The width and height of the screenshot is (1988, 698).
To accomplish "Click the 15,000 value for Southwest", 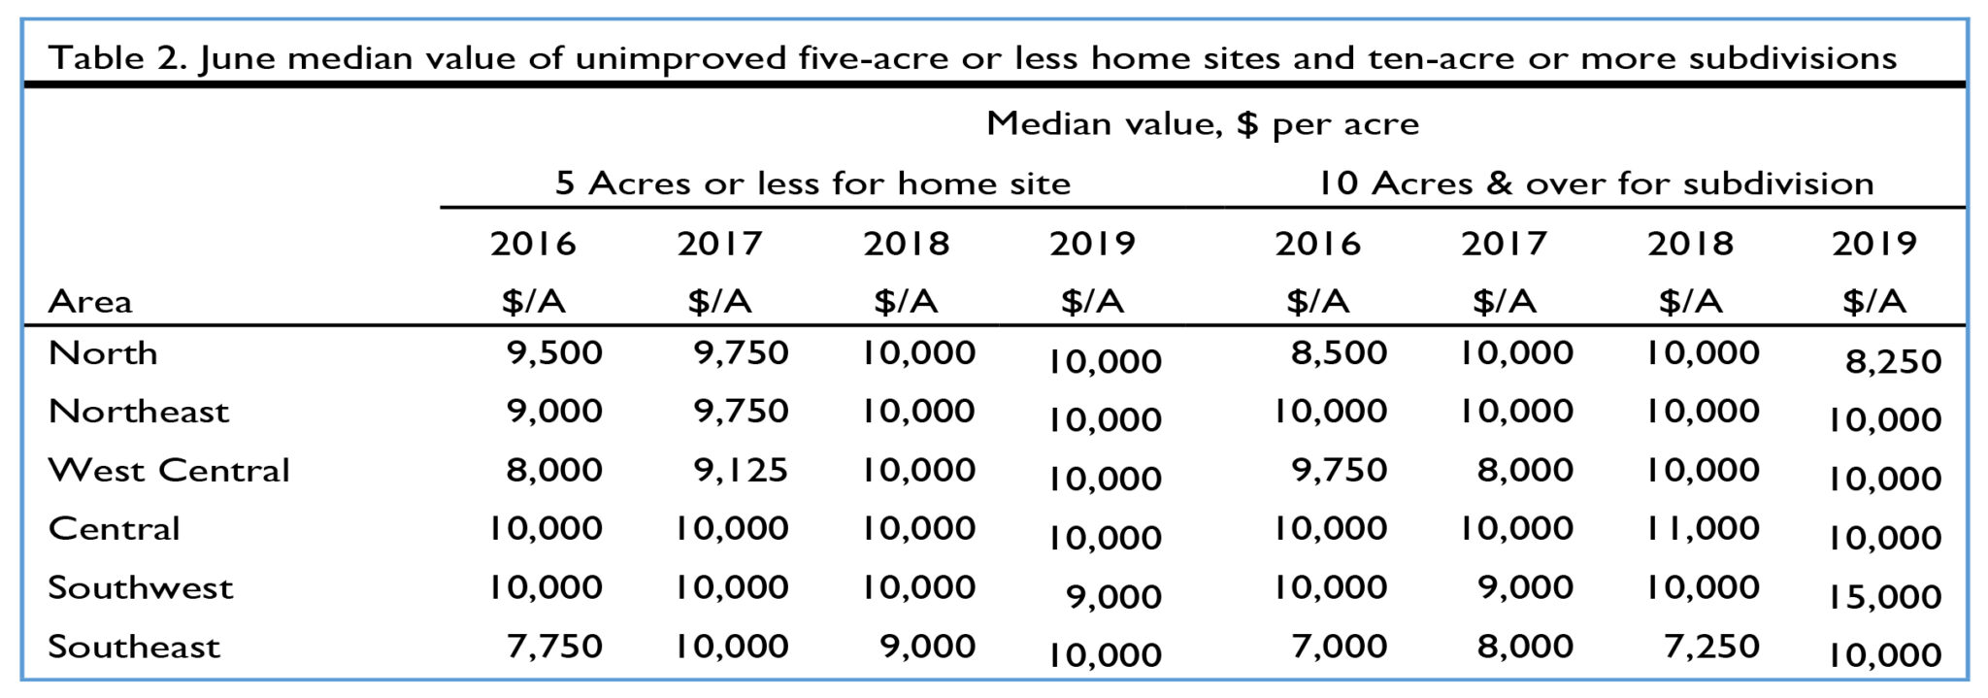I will point(1884,596).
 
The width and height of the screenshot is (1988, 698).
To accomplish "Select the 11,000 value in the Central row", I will point(1703,528).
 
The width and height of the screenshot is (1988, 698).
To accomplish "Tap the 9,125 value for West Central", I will point(741,470).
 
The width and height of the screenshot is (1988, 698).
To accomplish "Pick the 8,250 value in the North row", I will point(1893,361).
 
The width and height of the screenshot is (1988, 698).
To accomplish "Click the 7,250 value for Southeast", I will point(1711,646).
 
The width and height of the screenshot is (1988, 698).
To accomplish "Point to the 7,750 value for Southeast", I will point(554,646).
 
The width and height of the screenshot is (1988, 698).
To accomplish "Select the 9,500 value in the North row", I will point(554,352).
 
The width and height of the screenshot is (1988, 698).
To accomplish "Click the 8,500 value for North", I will point(1339,352).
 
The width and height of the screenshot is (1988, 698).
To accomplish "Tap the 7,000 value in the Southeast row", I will point(1339,646).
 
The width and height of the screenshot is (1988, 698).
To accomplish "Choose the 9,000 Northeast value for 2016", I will point(554,411).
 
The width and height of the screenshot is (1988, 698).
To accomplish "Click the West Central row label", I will point(169,470).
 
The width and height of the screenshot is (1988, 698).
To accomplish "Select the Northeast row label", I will point(139,412).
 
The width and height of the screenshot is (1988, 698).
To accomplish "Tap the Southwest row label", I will point(141,588).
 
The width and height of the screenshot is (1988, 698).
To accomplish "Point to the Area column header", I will point(90,302).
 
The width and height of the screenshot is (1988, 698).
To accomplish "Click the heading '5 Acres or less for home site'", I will point(812,183).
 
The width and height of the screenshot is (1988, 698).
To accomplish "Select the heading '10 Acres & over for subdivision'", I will point(1595,183).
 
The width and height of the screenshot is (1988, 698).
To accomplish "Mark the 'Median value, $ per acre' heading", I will point(1203,124).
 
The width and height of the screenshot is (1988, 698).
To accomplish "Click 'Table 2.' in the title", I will point(117,58).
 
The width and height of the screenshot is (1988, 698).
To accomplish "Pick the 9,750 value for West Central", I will point(1339,470).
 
